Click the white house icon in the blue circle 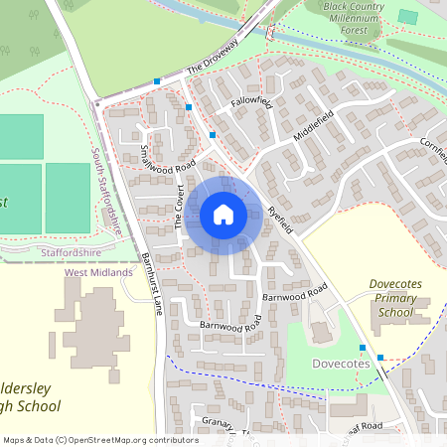(223, 214)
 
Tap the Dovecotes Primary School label (395, 298)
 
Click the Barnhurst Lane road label (151, 283)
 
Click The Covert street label (181, 206)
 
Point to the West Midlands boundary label (98, 272)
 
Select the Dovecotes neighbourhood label (342, 365)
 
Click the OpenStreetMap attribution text (99, 439)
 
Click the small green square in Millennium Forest (407, 17)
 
